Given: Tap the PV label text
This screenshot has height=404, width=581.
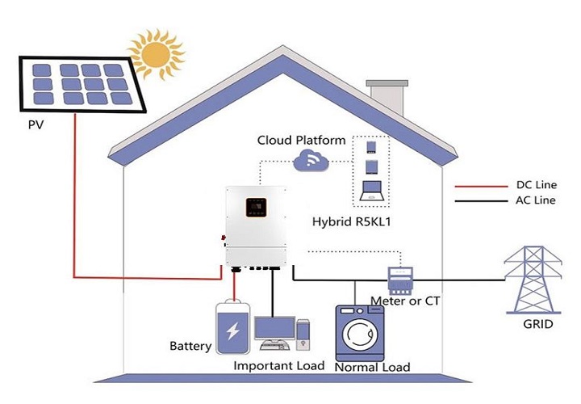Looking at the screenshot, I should coord(36,127).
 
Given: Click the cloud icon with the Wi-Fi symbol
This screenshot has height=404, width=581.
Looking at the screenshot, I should coord(311,162).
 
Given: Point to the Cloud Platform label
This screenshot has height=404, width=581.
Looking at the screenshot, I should coord(301,140).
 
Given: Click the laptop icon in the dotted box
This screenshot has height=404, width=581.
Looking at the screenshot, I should coord(371,191).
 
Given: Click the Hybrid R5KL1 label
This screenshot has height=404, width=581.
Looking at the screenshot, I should coord(353,221).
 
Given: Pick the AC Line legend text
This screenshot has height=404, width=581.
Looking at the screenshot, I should coord(535,200).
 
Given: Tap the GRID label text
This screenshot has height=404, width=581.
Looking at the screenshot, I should coord(537,325).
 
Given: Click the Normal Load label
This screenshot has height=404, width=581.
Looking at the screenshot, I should coord(371,367).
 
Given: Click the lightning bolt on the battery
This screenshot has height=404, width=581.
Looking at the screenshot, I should coord(232,331).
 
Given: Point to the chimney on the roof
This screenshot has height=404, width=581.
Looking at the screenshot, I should coord(385,95).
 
